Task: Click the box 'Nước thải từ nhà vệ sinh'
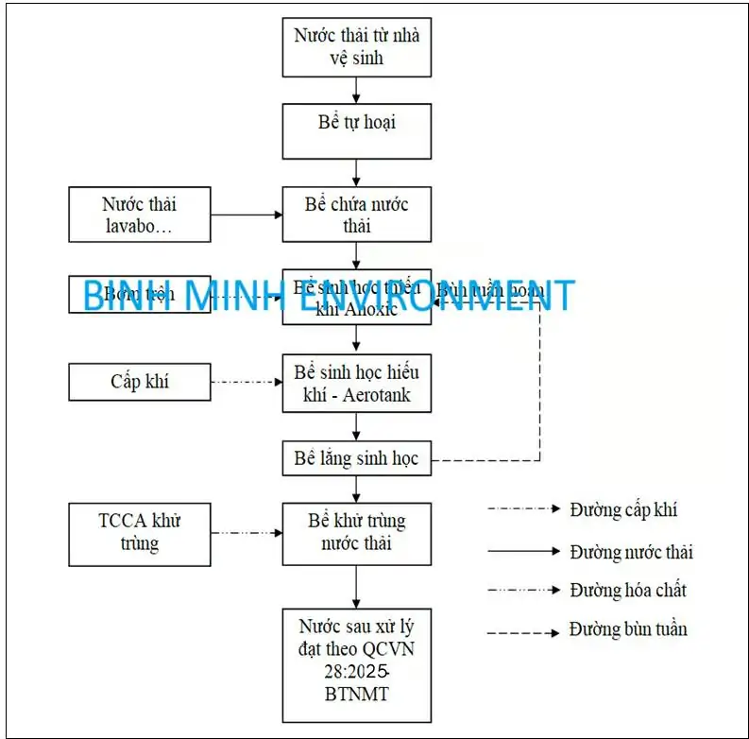coord(357,47)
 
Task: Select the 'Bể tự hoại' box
coord(357,130)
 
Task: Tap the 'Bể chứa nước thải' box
coord(357,215)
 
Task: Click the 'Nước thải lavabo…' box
coord(140,215)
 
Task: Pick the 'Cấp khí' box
coord(140,382)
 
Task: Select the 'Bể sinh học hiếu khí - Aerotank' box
coord(357,383)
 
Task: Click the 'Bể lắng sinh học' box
coord(357,460)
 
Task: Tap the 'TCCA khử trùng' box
coord(140,533)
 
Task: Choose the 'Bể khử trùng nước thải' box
coord(357,533)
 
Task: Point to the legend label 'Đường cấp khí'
coord(623,510)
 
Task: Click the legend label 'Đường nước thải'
coord(631,551)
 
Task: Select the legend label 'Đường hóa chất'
coord(628,591)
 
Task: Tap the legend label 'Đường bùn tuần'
coord(628,629)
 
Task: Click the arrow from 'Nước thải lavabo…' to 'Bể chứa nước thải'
coord(247,215)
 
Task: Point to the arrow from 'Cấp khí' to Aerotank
coord(247,382)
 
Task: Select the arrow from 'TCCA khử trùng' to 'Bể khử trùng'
coord(247,533)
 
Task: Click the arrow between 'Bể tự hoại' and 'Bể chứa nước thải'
coord(356,172)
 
